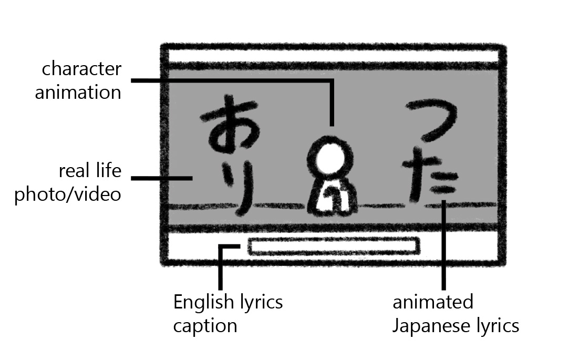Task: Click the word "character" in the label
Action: click(x=81, y=69)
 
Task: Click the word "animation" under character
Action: click(x=78, y=92)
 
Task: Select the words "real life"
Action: click(x=90, y=171)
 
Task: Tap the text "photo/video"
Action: click(x=68, y=194)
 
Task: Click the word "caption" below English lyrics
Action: click(x=205, y=325)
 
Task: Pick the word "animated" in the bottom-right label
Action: click(x=433, y=302)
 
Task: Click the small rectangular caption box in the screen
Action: click(x=333, y=246)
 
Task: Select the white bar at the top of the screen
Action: click(x=333, y=56)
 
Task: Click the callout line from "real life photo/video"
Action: click(x=160, y=178)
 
